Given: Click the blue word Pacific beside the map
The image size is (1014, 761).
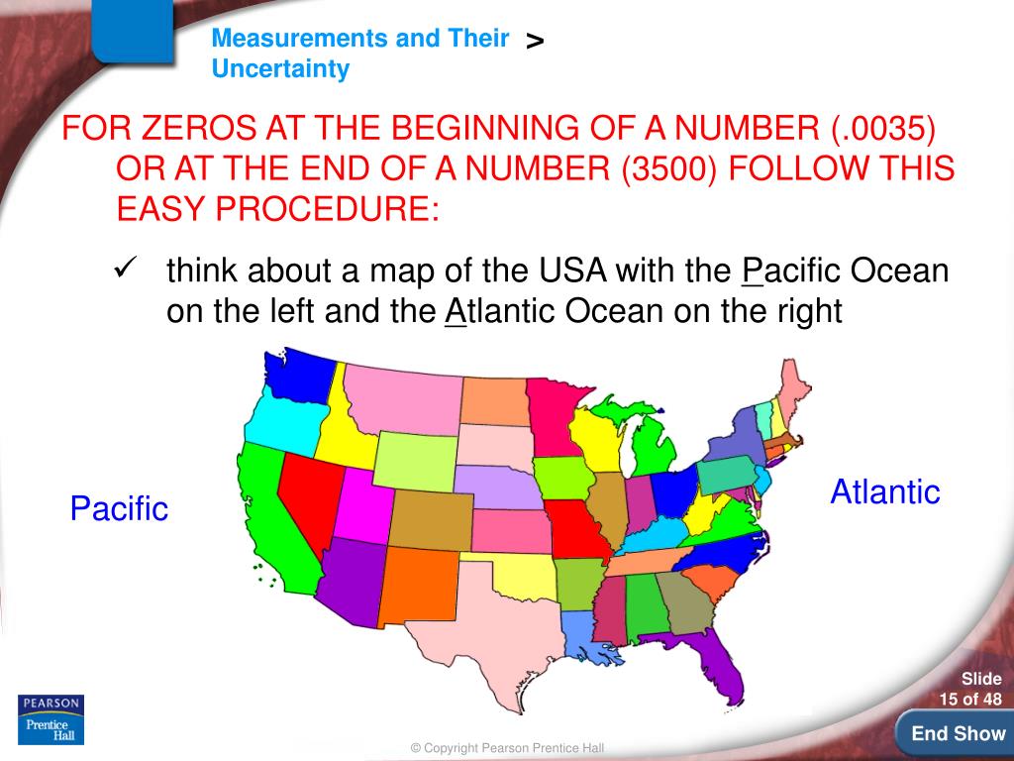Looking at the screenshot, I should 119,509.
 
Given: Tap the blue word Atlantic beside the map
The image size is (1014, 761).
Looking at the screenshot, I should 884,491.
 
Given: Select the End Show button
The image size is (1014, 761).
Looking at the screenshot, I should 958,734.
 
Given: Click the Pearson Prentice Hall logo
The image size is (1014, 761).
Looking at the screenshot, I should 51,719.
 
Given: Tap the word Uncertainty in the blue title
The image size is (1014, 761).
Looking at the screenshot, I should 280,69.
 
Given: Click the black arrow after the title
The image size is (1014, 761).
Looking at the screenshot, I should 535,41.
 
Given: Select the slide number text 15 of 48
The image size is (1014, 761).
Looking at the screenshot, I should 970,700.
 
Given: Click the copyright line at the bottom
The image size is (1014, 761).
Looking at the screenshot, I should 507,748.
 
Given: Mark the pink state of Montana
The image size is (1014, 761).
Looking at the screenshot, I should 401,396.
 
